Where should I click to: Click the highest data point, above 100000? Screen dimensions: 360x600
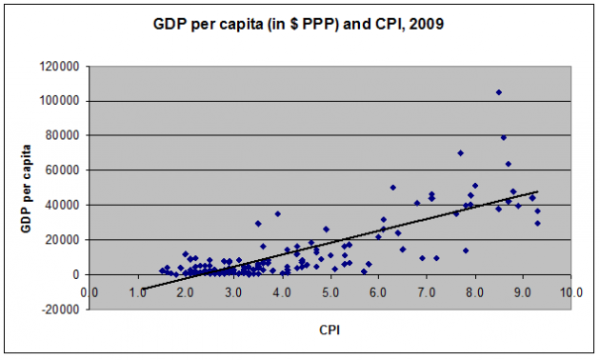pyautogui.click(x=498, y=92)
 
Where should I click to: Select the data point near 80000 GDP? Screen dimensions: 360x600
pyautogui.click(x=504, y=137)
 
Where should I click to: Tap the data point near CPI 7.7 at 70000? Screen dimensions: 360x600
pyautogui.click(x=460, y=152)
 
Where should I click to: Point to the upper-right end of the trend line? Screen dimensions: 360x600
pyautogui.click(x=537, y=191)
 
